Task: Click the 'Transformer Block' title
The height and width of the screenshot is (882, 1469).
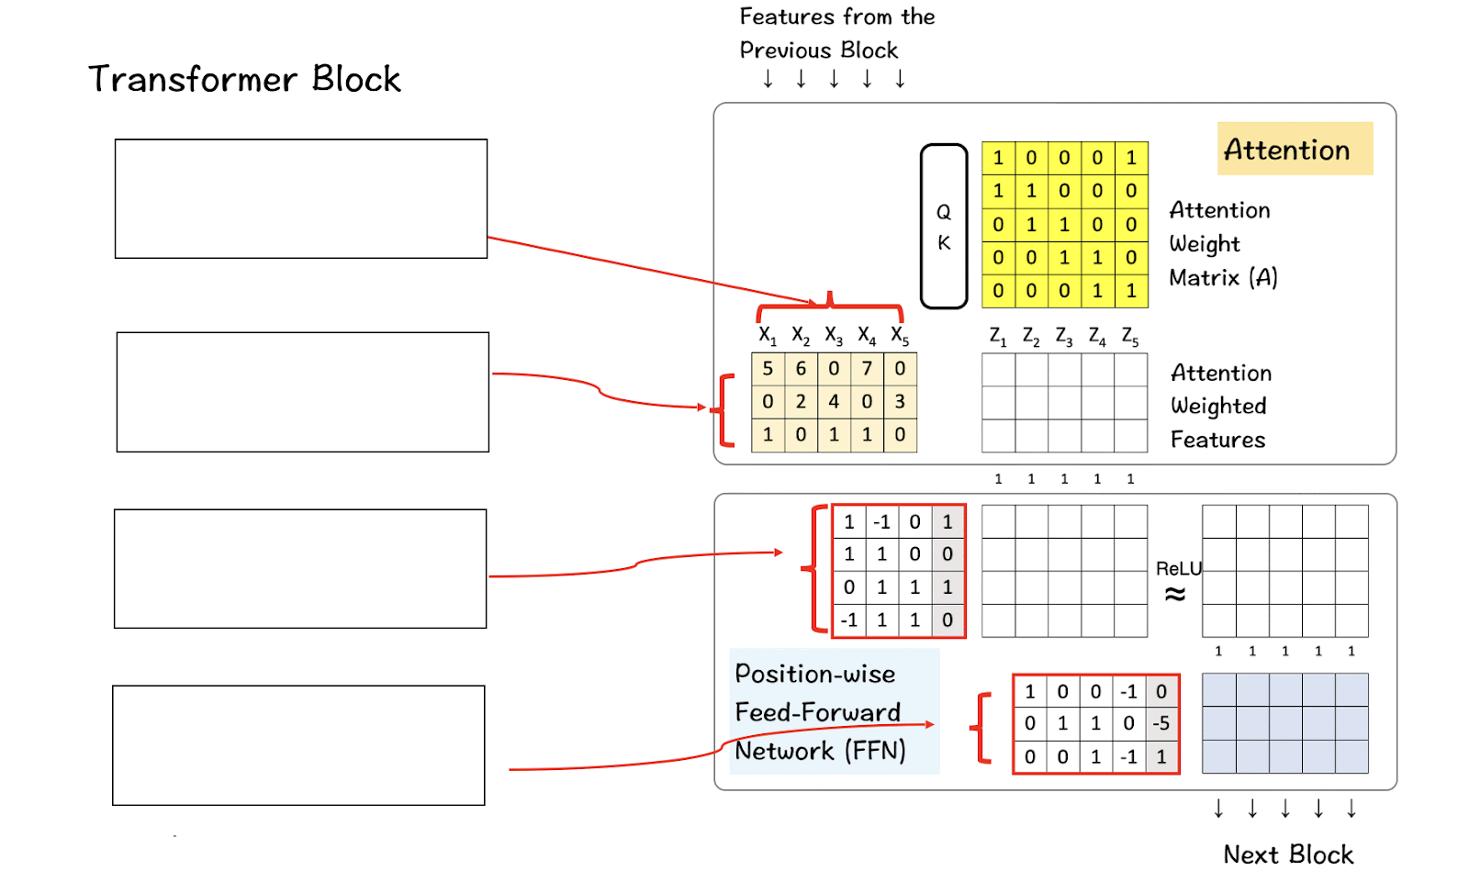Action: tap(244, 80)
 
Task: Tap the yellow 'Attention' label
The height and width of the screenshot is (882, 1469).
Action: tap(1287, 150)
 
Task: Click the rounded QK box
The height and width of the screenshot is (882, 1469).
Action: tap(944, 227)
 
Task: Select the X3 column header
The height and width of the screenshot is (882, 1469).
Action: tap(834, 336)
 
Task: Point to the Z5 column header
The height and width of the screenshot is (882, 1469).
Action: tap(1130, 337)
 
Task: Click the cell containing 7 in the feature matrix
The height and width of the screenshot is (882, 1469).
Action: tap(867, 369)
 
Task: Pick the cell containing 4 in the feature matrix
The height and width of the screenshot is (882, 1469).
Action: tap(834, 402)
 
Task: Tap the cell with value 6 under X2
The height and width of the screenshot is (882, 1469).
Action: tap(801, 369)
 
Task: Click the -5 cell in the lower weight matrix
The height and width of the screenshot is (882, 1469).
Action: tap(1161, 723)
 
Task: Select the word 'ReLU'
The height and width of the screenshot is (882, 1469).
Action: tap(1178, 569)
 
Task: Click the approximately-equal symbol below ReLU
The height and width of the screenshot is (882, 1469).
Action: tap(1175, 595)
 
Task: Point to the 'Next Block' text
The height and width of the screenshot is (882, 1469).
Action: tap(1288, 854)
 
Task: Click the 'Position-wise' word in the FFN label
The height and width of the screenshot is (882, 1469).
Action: tap(815, 675)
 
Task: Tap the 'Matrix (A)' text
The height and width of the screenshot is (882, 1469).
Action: tap(1223, 277)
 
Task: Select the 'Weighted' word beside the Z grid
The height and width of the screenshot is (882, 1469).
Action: tap(1218, 406)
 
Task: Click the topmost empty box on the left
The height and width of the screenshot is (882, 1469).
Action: tap(301, 199)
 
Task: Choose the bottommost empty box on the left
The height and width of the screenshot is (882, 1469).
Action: tap(298, 745)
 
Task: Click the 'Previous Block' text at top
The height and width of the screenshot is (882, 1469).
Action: tap(819, 50)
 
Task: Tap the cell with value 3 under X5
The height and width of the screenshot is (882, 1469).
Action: tap(900, 402)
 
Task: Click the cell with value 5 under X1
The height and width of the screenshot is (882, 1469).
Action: tap(768, 369)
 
